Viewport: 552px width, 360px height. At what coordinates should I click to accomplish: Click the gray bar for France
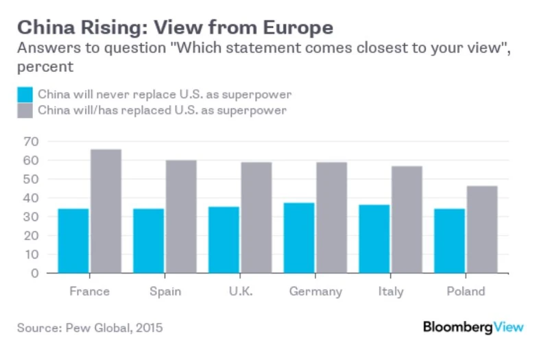tap(106, 211)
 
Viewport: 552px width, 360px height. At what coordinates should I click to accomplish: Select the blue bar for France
tap(73, 241)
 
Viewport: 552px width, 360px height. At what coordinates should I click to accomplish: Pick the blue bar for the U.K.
tap(224, 240)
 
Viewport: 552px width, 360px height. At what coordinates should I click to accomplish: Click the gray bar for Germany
tap(331, 217)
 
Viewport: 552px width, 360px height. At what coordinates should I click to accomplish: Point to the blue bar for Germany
tap(299, 238)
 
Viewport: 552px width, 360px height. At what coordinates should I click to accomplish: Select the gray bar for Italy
tap(407, 219)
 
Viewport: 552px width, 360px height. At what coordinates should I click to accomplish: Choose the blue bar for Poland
tap(449, 241)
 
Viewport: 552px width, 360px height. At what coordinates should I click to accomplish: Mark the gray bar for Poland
tap(482, 229)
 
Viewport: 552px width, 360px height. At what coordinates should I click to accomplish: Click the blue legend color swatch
tap(24, 94)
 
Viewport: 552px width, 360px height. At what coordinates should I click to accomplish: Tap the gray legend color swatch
tap(24, 110)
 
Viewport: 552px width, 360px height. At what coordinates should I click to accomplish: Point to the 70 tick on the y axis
tap(32, 141)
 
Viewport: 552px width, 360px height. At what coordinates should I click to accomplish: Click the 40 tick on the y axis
tap(32, 198)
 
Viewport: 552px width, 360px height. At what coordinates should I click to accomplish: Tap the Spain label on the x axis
tap(165, 291)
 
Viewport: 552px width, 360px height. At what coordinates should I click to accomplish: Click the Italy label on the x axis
tap(391, 291)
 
